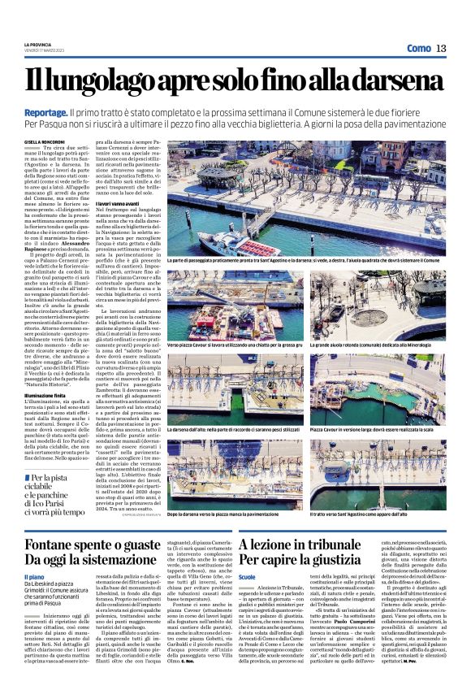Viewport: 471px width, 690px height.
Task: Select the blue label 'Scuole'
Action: (247, 576)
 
